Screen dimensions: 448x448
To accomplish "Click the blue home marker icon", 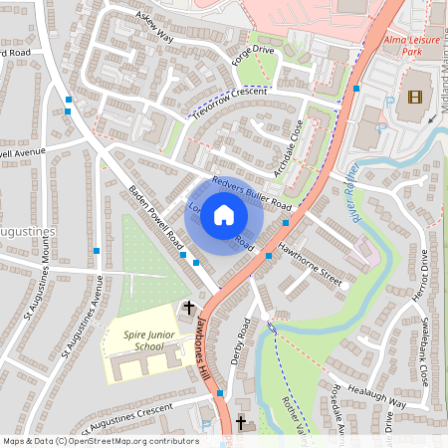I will tap(224, 215).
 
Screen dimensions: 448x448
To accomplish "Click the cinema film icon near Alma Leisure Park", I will tap(414, 98).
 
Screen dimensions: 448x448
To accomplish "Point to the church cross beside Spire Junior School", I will tap(190, 311).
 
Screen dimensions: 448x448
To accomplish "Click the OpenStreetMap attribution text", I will tap(101, 441).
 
